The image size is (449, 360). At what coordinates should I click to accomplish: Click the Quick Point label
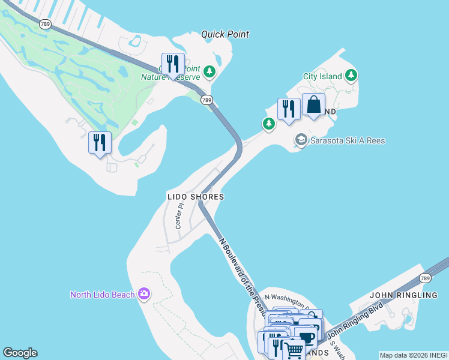click(225, 34)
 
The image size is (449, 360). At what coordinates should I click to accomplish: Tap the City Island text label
click(322, 76)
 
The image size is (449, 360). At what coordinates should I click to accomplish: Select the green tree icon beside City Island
click(351, 76)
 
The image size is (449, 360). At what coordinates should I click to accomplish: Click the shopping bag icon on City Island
click(313, 106)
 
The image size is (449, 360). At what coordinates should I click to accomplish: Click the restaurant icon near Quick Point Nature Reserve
click(173, 64)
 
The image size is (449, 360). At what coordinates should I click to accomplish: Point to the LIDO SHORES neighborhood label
click(196, 197)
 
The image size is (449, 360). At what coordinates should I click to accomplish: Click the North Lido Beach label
click(102, 294)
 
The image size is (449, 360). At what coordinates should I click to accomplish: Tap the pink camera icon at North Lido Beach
click(143, 294)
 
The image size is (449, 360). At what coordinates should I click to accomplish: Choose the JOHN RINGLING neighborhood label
click(403, 295)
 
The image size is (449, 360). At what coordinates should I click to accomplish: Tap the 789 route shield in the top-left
click(45, 24)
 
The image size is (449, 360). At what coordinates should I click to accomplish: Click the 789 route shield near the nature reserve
click(206, 100)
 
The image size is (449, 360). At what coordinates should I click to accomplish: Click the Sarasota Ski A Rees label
click(348, 140)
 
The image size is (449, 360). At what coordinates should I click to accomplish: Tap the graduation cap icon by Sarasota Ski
click(301, 140)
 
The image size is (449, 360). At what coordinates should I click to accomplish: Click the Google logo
click(20, 353)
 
